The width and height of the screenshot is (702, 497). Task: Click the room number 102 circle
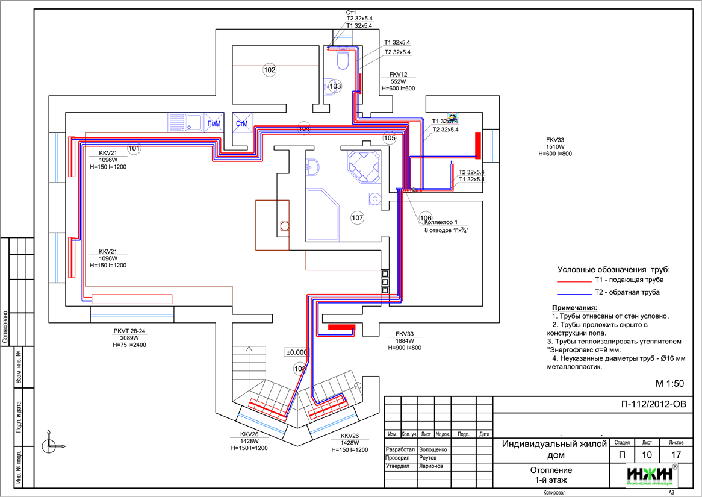pyautogui.click(x=269, y=70)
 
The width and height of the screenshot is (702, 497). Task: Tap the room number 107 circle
pyautogui.click(x=357, y=217)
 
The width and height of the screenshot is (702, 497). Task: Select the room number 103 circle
pyautogui.click(x=335, y=86)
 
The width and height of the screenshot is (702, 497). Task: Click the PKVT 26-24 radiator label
pyautogui.click(x=129, y=331)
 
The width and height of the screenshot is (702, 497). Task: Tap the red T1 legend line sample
pyautogui.click(x=574, y=281)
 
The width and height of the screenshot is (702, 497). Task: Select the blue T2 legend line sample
pyautogui.click(x=574, y=293)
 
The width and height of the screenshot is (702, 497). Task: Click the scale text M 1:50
pyautogui.click(x=669, y=384)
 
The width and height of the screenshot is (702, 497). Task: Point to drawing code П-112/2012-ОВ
pyautogui.click(x=653, y=404)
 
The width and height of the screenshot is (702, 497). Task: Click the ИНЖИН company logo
pyautogui.click(x=652, y=475)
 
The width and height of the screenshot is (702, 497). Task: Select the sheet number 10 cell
pyautogui.click(x=647, y=455)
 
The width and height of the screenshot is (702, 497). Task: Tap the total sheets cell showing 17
pyautogui.click(x=676, y=455)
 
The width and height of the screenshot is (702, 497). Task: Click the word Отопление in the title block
pyautogui.click(x=551, y=470)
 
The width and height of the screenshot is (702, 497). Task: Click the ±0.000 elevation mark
pyautogui.click(x=296, y=352)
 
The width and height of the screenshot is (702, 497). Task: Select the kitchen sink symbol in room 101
pyautogui.click(x=193, y=122)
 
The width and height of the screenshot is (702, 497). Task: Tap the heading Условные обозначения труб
pyautogui.click(x=613, y=269)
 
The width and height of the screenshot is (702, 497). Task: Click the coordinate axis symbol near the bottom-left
pyautogui.click(x=49, y=445)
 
